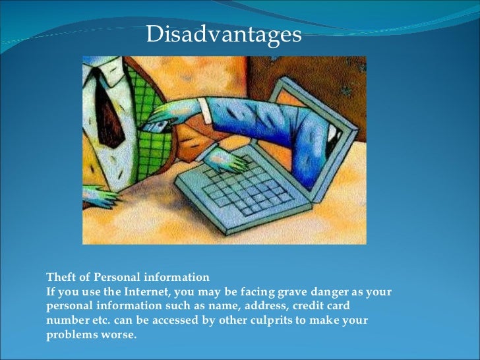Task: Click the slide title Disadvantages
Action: [224, 34]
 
